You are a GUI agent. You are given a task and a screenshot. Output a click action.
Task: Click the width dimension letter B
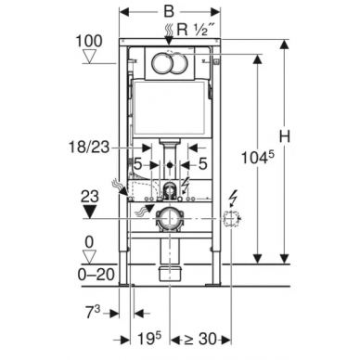(x=169, y=12)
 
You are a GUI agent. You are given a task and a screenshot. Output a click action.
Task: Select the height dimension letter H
(x=285, y=136)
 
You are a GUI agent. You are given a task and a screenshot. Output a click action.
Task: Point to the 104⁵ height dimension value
(x=258, y=157)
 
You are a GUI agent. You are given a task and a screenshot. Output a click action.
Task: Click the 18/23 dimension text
(x=89, y=148)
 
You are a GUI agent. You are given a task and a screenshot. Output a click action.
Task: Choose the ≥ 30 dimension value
(x=200, y=339)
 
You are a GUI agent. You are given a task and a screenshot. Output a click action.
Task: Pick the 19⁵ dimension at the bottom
(x=149, y=338)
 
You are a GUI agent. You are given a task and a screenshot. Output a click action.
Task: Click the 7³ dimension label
(x=93, y=313)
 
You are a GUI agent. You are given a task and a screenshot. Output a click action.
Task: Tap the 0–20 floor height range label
(x=96, y=275)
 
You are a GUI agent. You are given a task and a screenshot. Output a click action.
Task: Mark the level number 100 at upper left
(x=89, y=41)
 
